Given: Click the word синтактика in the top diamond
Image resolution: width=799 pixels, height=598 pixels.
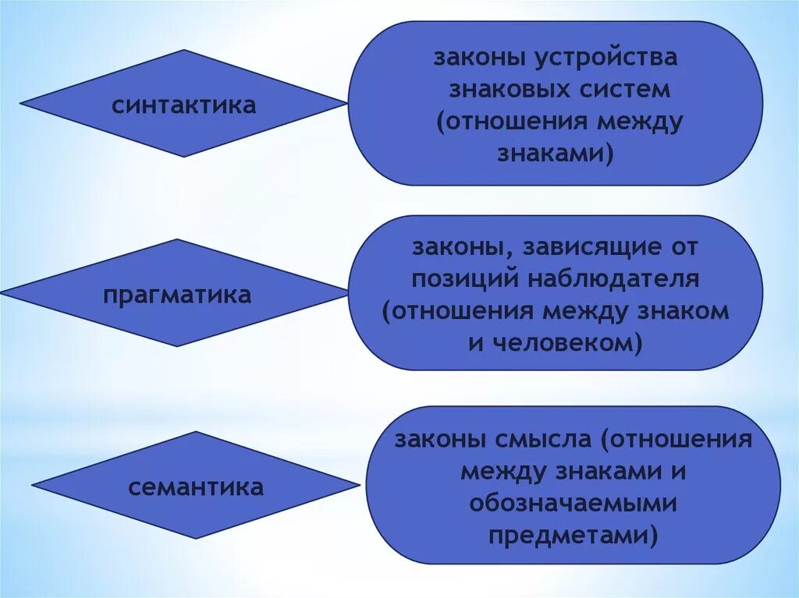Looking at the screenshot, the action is point(183,105).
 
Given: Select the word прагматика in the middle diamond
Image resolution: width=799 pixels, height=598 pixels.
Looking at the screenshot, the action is point(177,295).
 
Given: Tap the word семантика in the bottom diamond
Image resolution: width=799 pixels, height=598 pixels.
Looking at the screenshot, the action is point(196,488).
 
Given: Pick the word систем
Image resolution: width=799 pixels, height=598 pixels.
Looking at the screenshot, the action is point(625,90).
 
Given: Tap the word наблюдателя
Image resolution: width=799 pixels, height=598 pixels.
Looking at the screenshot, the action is point(613,280).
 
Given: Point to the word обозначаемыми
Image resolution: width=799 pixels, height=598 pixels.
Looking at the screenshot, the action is point(573,504).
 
